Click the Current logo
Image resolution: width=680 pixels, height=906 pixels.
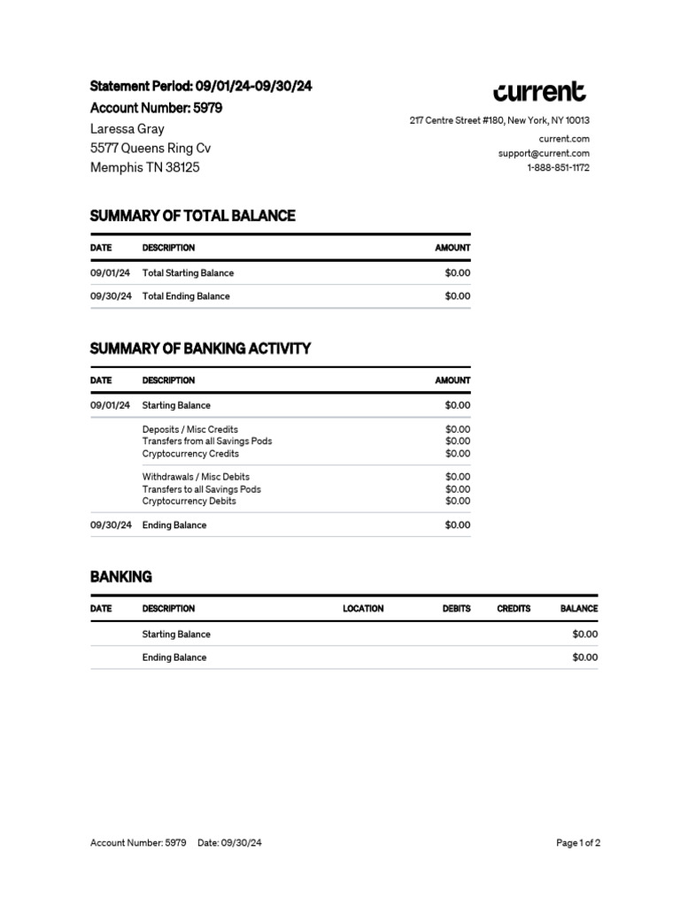point(539,92)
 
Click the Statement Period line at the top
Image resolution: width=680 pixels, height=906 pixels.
point(201,87)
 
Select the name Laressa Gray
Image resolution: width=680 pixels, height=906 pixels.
point(127,128)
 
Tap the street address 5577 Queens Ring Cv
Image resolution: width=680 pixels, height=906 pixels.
point(151,148)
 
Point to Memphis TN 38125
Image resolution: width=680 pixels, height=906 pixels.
point(145,167)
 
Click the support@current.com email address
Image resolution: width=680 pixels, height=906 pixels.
point(544,153)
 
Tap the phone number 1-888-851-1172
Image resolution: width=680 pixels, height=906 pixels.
point(558,167)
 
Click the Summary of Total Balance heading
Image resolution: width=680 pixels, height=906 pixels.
point(192,216)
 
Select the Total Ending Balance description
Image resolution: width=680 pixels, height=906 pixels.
point(186,296)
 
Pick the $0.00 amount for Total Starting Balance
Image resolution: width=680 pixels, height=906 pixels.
point(458,273)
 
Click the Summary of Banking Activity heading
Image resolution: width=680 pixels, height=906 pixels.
point(200,349)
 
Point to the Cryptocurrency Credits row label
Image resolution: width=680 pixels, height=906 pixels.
point(190,454)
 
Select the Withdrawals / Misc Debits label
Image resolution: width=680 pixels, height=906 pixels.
point(196,476)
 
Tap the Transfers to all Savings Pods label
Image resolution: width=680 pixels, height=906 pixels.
point(201,488)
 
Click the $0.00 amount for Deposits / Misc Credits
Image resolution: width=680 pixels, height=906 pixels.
point(458,429)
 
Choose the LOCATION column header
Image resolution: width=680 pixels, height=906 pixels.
point(363,609)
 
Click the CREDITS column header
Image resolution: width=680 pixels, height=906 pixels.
point(514,609)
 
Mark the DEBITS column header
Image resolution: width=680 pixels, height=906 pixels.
point(456,609)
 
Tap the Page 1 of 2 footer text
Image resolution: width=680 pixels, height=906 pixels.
point(578,843)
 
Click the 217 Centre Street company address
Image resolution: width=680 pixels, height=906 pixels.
point(499,120)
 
